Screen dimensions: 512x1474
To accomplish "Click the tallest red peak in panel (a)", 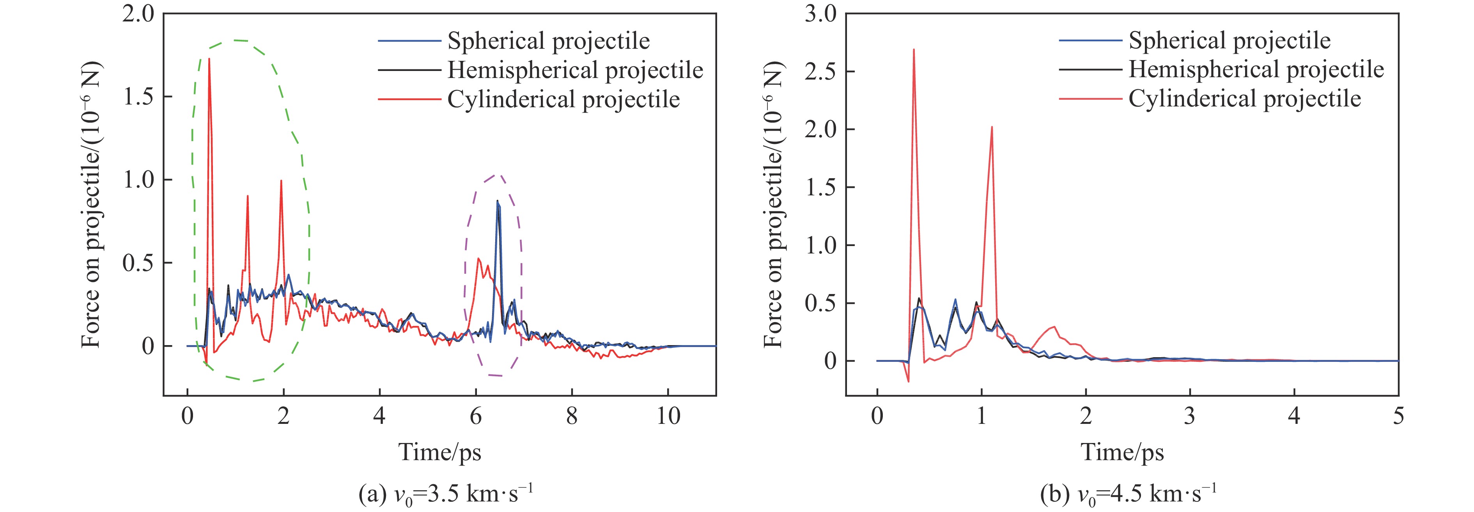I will tap(209, 59).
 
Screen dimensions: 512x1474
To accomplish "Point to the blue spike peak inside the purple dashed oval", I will tap(497, 201).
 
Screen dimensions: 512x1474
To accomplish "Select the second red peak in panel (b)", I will tap(992, 127).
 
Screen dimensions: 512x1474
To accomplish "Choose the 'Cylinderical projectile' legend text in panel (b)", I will tap(1245, 99).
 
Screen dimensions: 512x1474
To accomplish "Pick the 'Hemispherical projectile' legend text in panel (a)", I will tap(575, 70).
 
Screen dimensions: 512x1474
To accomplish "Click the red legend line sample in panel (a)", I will tap(409, 99).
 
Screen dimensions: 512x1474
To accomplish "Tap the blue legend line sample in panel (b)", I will tap(1090, 41).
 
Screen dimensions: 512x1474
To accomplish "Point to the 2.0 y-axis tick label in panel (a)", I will tap(138, 13).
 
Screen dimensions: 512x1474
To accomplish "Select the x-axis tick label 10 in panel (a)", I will tap(668, 416).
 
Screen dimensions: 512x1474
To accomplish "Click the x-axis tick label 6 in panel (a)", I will tap(475, 416).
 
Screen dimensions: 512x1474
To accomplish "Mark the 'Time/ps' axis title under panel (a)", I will tap(439, 452).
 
